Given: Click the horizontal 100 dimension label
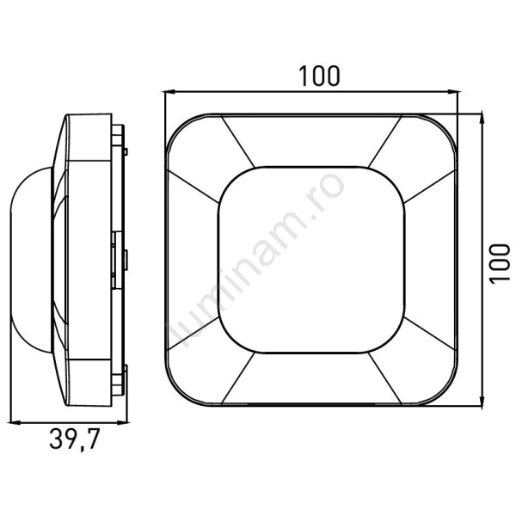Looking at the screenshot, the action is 318,76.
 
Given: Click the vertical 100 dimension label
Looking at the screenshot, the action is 500,263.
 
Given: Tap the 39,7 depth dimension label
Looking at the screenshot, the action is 74,439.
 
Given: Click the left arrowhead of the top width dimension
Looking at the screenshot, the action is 169,92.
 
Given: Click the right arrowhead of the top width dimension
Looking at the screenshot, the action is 452,92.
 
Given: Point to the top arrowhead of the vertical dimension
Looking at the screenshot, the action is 482,118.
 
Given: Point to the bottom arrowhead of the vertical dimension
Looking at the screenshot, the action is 482,401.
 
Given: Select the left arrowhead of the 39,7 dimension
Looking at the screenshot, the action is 15,423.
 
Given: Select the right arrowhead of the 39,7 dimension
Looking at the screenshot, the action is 122,423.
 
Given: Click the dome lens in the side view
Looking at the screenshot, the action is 31,260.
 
